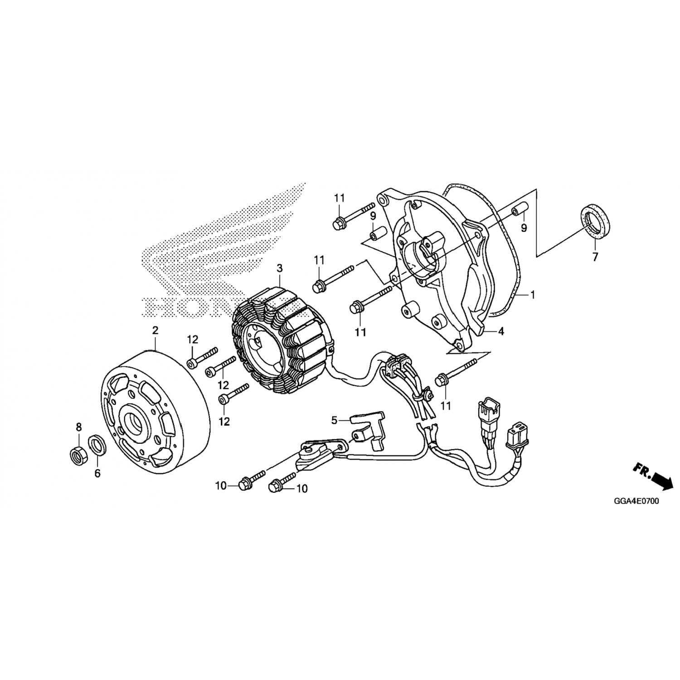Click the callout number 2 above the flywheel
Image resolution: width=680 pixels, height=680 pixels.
[155, 331]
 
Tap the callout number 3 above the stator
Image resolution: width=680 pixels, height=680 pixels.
[280, 269]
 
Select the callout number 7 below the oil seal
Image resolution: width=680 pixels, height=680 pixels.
[595, 257]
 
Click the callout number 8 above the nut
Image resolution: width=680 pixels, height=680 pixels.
[78, 427]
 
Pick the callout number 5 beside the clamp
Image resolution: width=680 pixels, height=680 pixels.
[335, 421]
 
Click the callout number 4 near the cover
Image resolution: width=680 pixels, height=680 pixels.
[501, 331]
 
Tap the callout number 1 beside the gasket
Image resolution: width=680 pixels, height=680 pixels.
[533, 295]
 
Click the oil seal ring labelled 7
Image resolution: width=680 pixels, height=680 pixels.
[595, 222]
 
